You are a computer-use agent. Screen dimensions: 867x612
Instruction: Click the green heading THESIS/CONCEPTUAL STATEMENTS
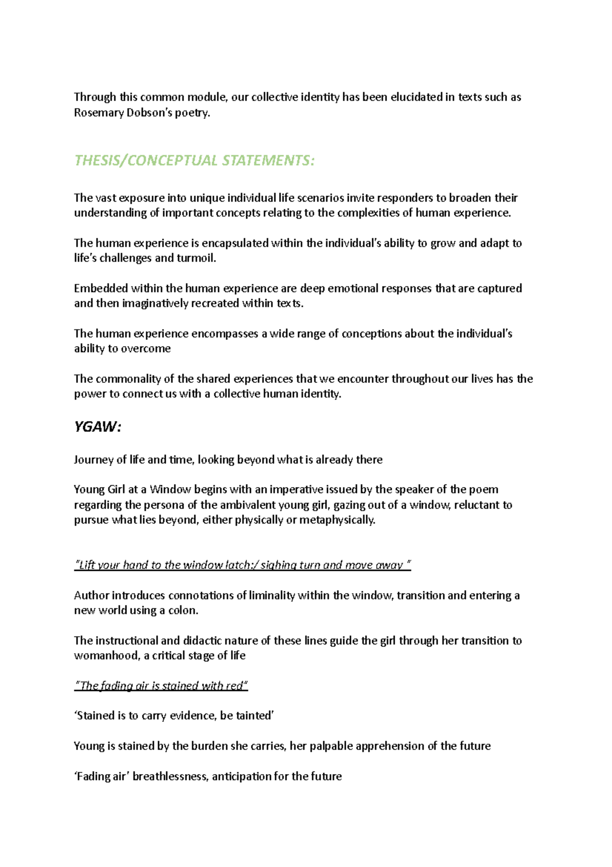[194, 160]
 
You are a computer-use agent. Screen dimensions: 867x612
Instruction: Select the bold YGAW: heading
[97, 427]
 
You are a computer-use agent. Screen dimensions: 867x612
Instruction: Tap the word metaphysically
[337, 520]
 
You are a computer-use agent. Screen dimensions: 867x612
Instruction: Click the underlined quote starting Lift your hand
[242, 565]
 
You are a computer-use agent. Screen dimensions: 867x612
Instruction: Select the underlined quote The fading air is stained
[161, 686]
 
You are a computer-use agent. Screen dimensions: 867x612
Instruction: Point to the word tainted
[255, 716]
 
